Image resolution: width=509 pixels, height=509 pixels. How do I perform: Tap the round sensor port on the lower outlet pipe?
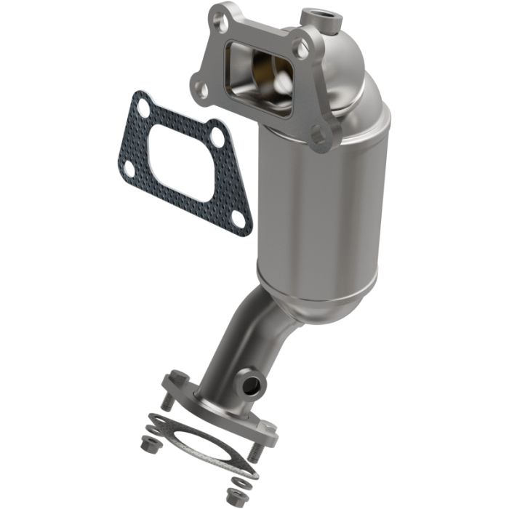tap(252, 382)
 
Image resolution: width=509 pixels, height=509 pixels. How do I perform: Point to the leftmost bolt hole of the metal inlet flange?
tap(202, 90)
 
